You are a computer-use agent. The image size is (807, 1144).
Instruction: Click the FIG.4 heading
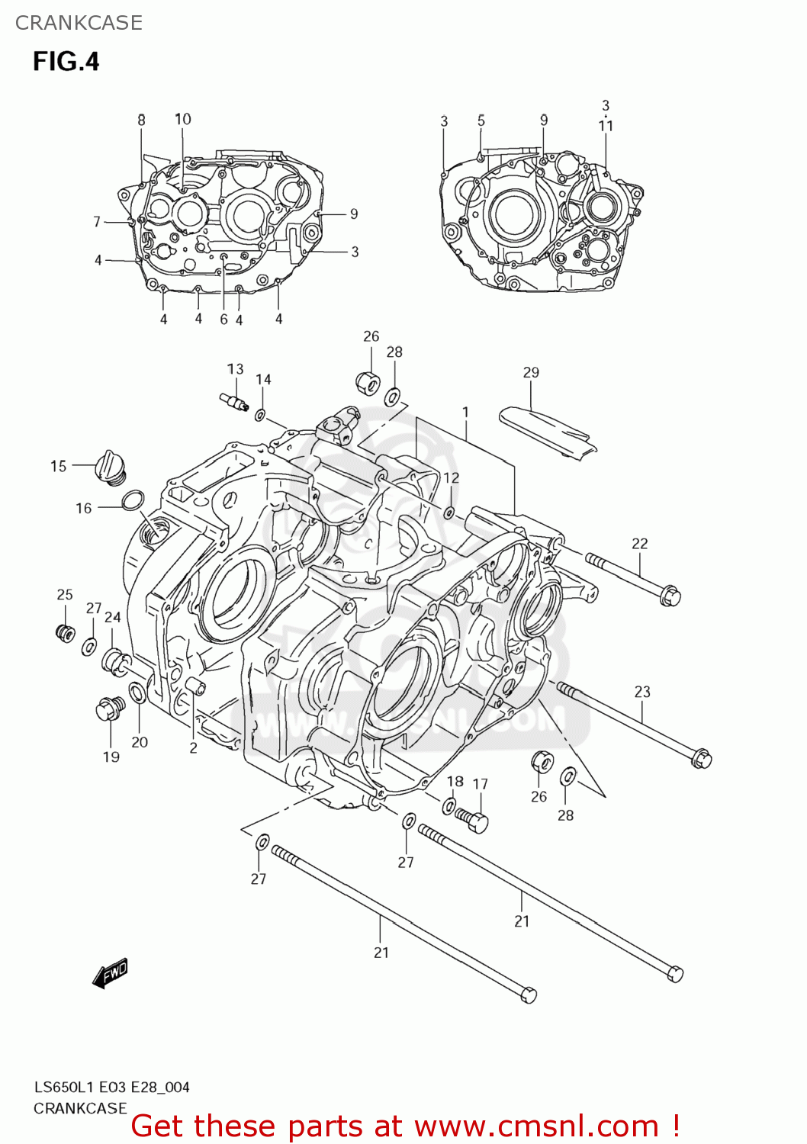point(66,61)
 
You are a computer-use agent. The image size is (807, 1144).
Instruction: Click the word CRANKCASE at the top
point(79,23)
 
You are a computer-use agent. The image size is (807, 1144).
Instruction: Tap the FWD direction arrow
point(111,973)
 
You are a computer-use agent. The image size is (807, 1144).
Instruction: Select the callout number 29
point(531,372)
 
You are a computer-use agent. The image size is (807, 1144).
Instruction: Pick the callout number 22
point(639,543)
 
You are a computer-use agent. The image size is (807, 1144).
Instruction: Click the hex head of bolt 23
point(702,758)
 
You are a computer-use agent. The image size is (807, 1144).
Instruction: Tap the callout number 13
point(235,369)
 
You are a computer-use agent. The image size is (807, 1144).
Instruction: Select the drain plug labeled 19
point(109,709)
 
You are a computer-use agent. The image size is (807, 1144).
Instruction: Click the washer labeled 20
point(138,693)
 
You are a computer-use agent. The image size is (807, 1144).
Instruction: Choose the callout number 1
point(465,412)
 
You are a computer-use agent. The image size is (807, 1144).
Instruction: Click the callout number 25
point(65,594)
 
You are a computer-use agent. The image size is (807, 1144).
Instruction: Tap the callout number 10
point(183,119)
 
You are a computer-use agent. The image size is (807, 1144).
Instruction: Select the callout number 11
point(606,126)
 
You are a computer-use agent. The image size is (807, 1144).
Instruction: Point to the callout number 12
point(452,478)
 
